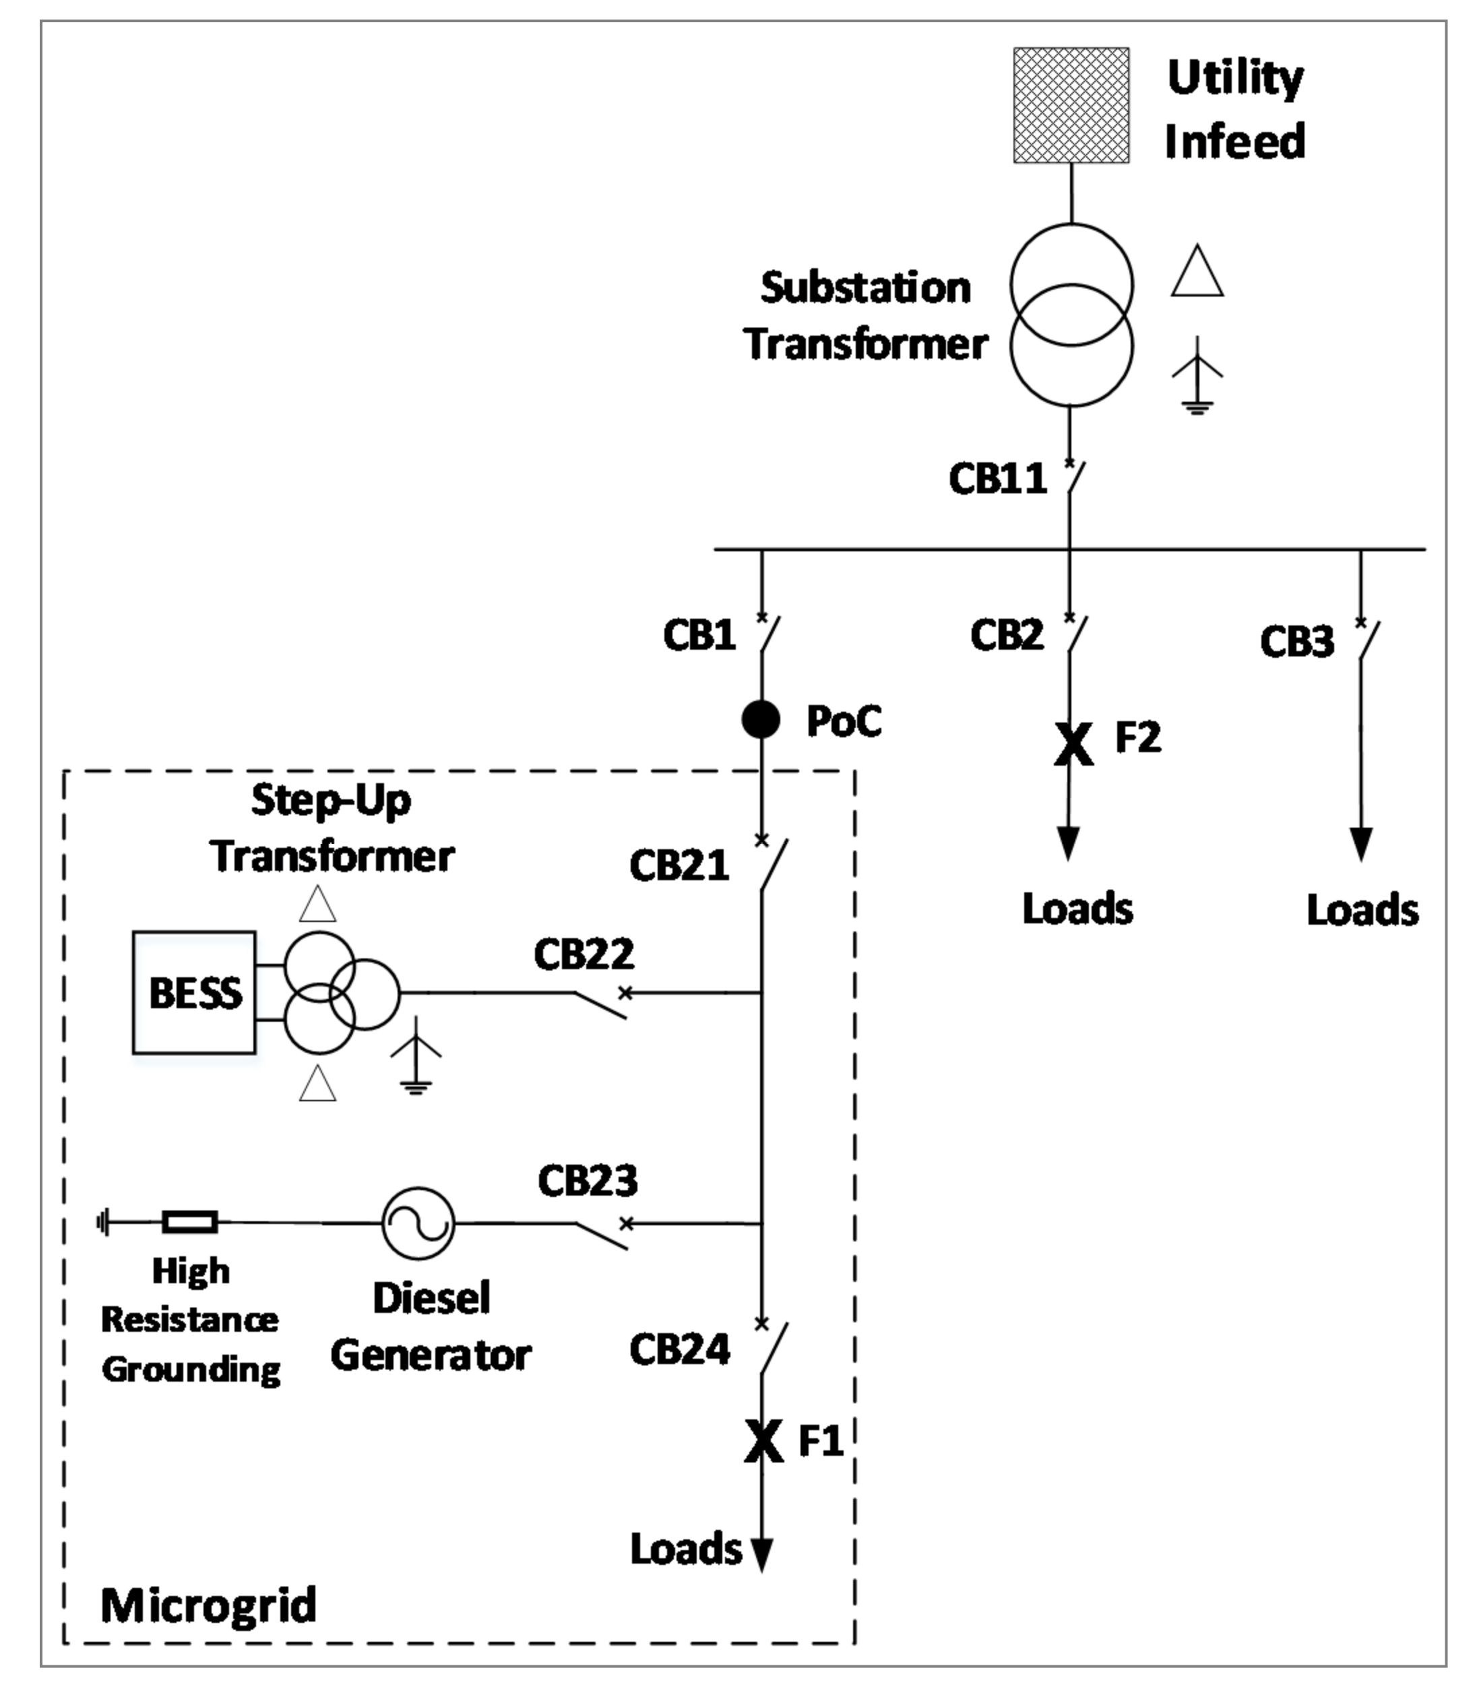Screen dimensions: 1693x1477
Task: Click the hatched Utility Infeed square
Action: [x=1071, y=106]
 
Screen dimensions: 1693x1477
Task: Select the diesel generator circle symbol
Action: [x=418, y=1223]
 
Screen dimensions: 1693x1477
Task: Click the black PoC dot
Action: [x=760, y=720]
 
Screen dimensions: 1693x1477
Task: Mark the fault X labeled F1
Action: [x=763, y=1442]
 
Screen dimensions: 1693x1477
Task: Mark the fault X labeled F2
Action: [x=1073, y=743]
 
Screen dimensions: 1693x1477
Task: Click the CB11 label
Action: [x=997, y=478]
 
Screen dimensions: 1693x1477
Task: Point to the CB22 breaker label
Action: [x=584, y=954]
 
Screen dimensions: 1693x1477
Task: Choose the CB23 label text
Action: [x=588, y=1181]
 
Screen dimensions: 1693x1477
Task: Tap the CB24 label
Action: [x=679, y=1350]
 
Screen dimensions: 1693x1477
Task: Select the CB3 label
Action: [x=1296, y=642]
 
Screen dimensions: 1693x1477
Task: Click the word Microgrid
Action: [x=208, y=1605]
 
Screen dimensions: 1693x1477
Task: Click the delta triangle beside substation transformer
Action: [x=1197, y=272]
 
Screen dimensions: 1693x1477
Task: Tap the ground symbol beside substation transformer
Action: [x=1197, y=375]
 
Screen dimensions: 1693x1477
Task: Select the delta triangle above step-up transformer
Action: [x=317, y=905]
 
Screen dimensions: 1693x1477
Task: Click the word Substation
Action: [x=865, y=288]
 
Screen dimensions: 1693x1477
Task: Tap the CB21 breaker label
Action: [x=679, y=865]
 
